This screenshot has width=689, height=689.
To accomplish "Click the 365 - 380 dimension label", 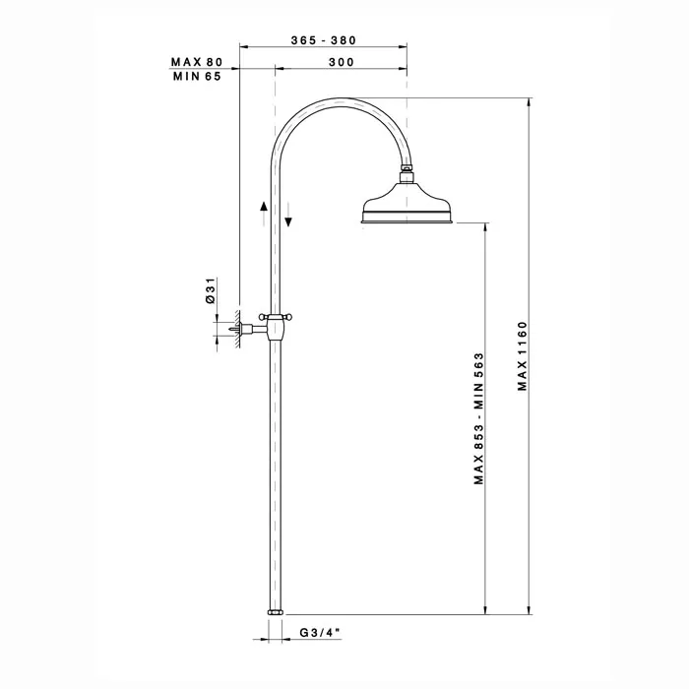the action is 324,40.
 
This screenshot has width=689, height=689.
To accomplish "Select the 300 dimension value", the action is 342,62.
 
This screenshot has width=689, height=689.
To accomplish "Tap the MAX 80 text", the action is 197,62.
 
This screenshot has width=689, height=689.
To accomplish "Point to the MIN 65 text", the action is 197,77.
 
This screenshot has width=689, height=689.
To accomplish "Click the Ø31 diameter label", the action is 211,290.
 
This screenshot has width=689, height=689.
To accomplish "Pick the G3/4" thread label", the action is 320,632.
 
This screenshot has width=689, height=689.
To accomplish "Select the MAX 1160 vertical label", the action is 522,356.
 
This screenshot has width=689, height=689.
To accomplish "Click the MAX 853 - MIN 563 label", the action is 478,418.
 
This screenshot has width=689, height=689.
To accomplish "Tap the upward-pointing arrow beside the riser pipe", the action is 264,214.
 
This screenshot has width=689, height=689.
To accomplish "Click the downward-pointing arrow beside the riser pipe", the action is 288,215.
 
